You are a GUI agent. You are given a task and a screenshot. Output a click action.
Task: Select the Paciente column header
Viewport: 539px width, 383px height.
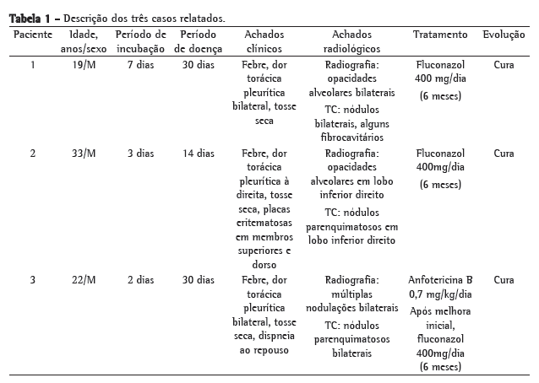click(x=33, y=35)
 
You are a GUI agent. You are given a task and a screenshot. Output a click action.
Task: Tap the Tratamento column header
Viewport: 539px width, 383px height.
click(x=440, y=35)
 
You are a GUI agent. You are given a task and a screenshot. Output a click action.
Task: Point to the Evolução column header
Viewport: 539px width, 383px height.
click(x=504, y=35)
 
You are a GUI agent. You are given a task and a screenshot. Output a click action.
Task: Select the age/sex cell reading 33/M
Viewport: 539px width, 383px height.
click(x=84, y=154)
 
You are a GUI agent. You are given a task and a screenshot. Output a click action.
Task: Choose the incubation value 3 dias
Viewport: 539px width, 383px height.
click(x=140, y=154)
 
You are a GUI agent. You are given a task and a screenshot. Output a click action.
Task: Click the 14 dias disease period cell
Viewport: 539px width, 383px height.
click(x=199, y=154)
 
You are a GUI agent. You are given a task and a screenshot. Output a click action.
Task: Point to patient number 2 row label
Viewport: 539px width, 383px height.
click(x=33, y=154)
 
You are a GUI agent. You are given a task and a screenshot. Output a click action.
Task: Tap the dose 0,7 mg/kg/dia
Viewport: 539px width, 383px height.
click(x=440, y=294)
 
